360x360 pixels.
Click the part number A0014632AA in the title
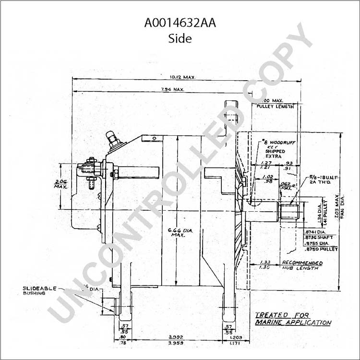pos(180,23)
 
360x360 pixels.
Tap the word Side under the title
pos(180,39)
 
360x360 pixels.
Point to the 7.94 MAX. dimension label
pos(172,90)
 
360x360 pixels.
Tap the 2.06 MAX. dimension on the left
pos(60,185)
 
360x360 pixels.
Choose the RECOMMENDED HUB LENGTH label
pos(301,265)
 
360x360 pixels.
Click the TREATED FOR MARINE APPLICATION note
pos(292,319)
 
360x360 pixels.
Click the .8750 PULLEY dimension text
pos(321,249)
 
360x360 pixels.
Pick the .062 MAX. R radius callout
pos(286,186)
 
